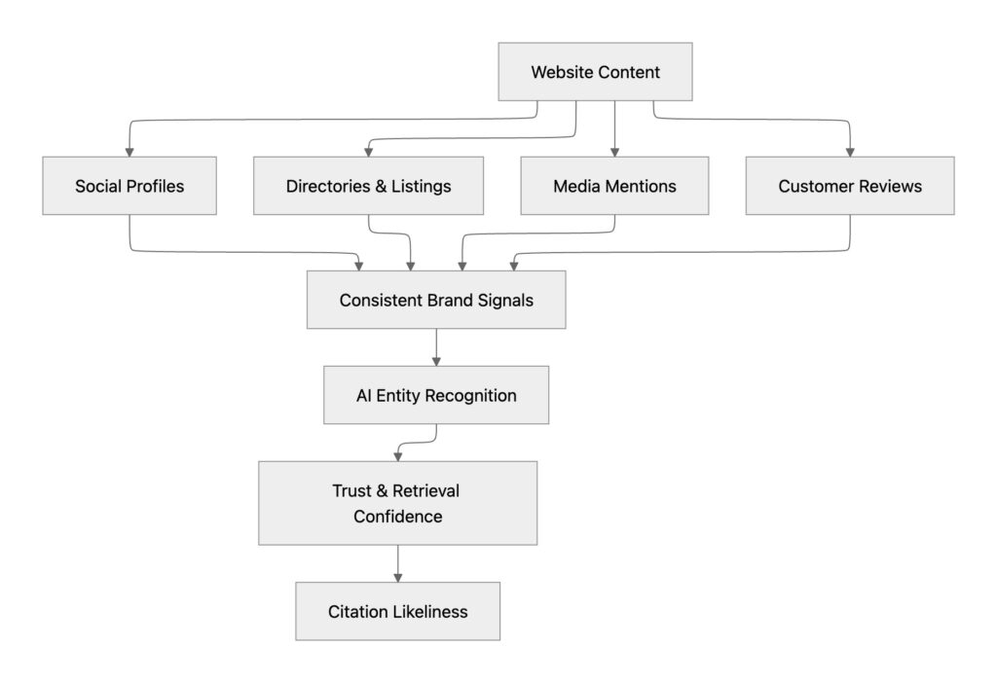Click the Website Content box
tap(595, 72)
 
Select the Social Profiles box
tap(129, 186)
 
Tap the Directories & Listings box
tap(368, 186)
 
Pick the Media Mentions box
tap(614, 186)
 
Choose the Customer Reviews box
tap(850, 186)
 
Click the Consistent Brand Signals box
tap(436, 300)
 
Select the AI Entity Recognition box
tap(436, 395)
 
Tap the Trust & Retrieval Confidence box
tap(397, 503)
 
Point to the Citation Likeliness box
tap(397, 611)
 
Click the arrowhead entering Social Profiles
tap(129, 151)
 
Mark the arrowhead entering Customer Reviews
tap(850, 151)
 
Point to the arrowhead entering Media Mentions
tap(614, 151)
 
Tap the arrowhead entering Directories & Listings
tap(368, 151)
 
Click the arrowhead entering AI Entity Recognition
tap(436, 360)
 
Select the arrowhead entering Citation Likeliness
tap(397, 577)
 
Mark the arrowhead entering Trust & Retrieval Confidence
tap(397, 455)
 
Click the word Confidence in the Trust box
tap(397, 517)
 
